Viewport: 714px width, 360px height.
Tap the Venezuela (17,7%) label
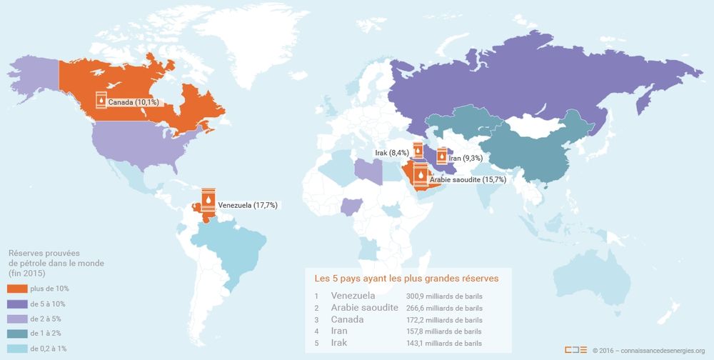pyautogui.click(x=247, y=205)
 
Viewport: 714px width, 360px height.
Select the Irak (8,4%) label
pyautogui.click(x=392, y=153)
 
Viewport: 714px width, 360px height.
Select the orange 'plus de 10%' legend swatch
pyautogui.click(x=17, y=289)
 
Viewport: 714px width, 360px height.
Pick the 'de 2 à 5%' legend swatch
pyautogui.click(x=17, y=319)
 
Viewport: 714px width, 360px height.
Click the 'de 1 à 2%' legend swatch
pyautogui.click(x=17, y=334)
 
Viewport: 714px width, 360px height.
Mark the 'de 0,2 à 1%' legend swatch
pyautogui.click(x=17, y=349)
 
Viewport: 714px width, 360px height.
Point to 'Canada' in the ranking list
pyautogui.click(x=348, y=319)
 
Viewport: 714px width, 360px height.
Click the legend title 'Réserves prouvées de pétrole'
pyautogui.click(x=56, y=263)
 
